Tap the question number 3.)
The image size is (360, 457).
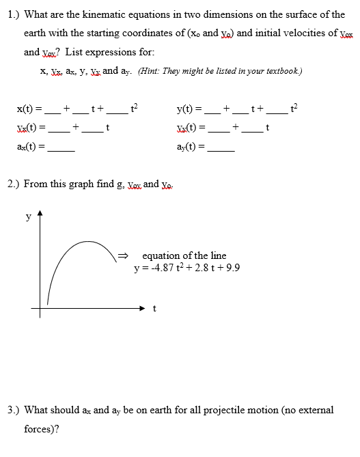click(13, 410)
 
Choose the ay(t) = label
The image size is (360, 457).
click(191, 148)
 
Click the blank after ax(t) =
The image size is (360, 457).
click(60, 150)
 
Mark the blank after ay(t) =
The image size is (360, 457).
click(221, 150)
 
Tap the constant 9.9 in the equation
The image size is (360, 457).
click(232, 267)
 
